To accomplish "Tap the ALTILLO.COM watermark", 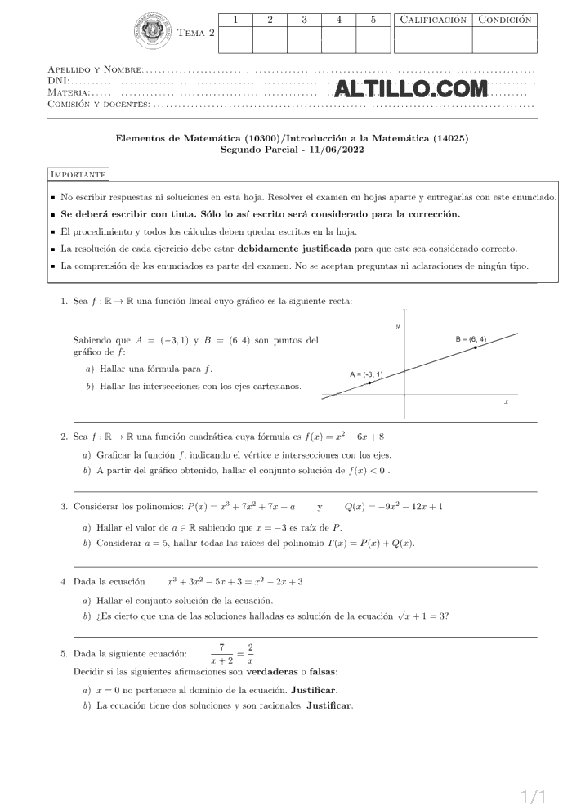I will tap(411, 89).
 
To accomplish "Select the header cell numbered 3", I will tap(304, 20).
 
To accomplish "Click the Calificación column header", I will tap(433, 20).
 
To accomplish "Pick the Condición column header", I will tap(504, 20).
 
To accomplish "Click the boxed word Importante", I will tap(78, 174).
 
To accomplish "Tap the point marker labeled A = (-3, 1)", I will tap(369, 383).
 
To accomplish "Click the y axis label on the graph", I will tap(398, 325).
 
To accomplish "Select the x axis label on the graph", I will tap(507, 402).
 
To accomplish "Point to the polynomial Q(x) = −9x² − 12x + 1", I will tap(394, 507).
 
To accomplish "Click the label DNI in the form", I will tap(58, 82).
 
